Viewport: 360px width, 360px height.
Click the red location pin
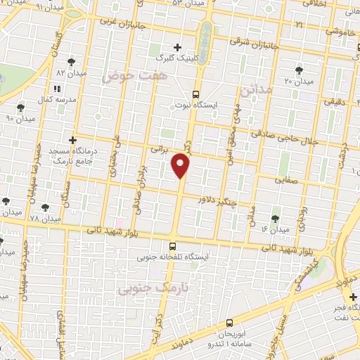click(x=181, y=166)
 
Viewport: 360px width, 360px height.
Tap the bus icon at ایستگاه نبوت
click(x=195, y=94)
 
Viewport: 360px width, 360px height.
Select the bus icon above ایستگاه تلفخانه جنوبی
click(x=173, y=245)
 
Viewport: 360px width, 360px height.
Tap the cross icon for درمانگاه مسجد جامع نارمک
click(x=72, y=140)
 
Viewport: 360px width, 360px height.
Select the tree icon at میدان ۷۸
click(x=46, y=207)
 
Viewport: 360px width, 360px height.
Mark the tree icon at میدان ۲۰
click(x=300, y=70)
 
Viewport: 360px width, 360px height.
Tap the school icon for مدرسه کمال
click(x=57, y=89)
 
